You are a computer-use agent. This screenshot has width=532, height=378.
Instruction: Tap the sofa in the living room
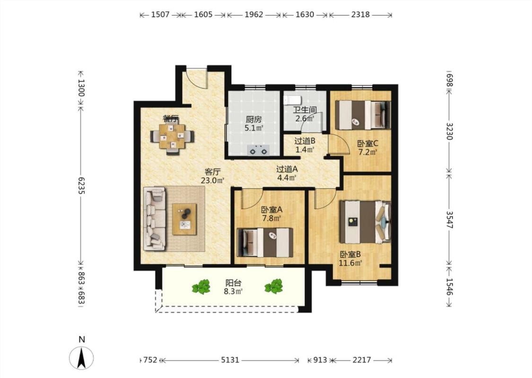click(155, 219)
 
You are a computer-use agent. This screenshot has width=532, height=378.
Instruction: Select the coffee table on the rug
click(184, 219)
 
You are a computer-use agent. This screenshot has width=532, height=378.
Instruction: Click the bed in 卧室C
click(363, 115)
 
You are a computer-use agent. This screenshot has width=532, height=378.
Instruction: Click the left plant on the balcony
click(201, 287)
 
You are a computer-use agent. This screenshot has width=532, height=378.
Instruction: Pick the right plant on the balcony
click(273, 286)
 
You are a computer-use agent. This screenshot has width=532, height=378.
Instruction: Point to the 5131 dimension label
click(230, 360)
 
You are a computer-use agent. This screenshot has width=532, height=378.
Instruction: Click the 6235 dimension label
click(81, 185)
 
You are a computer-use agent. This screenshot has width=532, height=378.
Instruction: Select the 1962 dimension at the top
click(254, 15)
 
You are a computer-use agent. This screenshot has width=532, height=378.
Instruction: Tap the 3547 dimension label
click(449, 220)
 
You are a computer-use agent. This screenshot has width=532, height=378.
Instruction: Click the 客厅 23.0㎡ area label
click(212, 176)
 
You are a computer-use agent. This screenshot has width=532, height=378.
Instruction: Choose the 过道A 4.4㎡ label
click(287, 173)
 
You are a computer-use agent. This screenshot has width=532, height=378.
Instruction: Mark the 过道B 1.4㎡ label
click(305, 145)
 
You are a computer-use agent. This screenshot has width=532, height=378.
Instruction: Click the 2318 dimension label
click(360, 15)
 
